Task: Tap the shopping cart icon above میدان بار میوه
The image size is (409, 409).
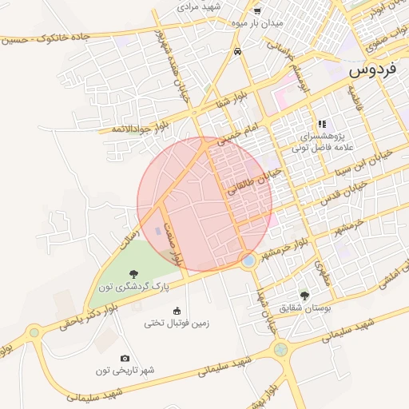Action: point(256,10)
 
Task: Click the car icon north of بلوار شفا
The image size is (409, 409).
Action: point(238,51)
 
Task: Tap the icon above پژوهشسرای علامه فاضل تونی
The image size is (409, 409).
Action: point(322,124)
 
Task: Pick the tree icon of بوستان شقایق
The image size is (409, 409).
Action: point(303,294)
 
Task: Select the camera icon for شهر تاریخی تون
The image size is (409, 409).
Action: point(125,358)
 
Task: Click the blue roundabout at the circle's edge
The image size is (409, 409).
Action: point(248,260)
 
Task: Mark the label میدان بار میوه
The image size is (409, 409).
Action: point(256,23)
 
